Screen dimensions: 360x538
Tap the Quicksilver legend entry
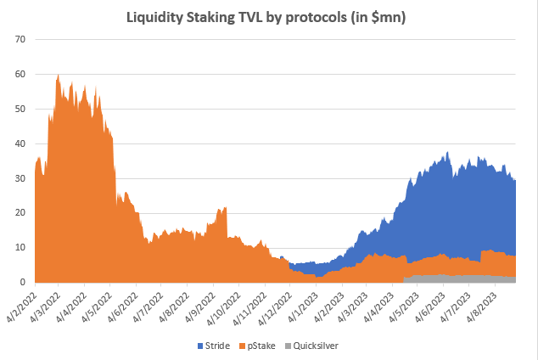coord(317,346)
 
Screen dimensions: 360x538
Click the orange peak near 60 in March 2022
coord(58,76)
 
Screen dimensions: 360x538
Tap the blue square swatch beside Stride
coord(200,346)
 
